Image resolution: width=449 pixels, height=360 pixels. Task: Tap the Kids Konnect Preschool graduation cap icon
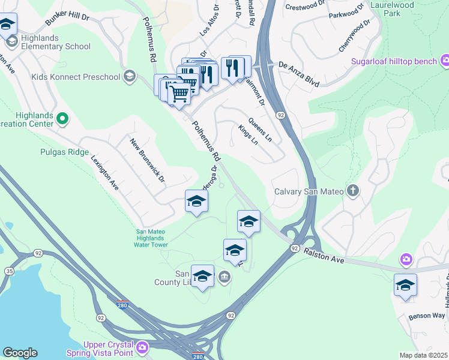coord(129,76)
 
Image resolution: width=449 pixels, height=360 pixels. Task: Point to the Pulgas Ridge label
coord(64,152)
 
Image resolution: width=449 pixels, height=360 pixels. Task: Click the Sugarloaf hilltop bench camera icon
coord(445,61)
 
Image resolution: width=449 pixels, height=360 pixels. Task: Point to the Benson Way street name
coord(427,316)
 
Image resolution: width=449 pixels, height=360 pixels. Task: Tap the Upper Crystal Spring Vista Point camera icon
coord(142,347)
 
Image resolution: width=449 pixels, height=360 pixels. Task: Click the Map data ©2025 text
coord(423,355)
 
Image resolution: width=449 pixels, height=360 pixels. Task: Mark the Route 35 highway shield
coord(9,271)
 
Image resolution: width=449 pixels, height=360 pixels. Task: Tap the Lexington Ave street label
coord(105,173)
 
